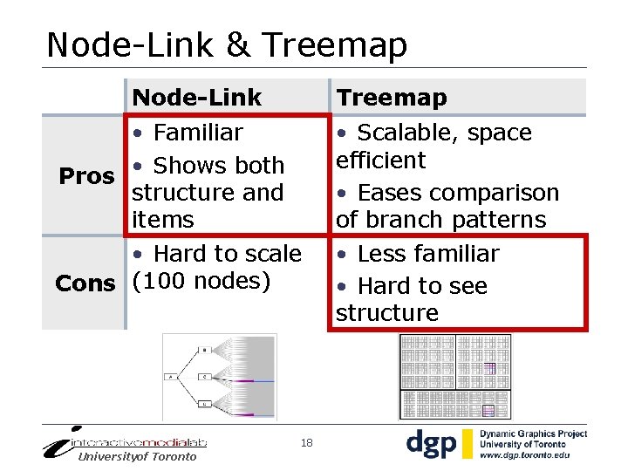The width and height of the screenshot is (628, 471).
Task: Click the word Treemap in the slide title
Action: [x=334, y=44]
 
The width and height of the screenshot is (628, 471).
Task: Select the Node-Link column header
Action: [x=196, y=97]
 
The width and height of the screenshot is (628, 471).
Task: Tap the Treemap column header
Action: [x=392, y=97]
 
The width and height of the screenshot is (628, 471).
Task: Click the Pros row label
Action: [x=86, y=176]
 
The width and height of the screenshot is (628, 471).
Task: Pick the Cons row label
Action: [x=85, y=283]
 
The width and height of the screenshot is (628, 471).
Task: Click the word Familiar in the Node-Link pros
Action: [x=197, y=133]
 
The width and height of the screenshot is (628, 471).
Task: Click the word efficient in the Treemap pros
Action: [x=380, y=160]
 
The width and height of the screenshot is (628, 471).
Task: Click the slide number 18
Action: [x=306, y=444]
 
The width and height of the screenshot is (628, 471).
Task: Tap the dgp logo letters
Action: [x=433, y=444]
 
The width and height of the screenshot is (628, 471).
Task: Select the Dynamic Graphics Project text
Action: [x=534, y=434]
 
